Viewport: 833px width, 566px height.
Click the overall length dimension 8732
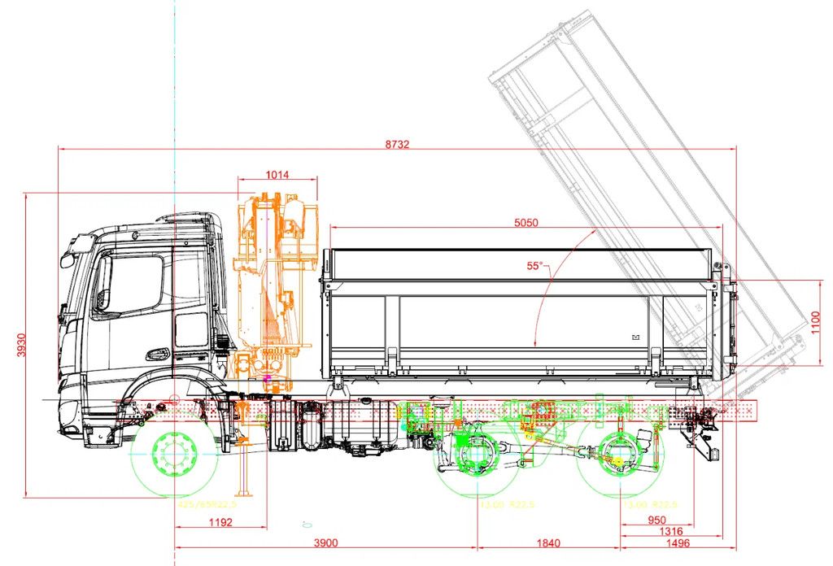397,144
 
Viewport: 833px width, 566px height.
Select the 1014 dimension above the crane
277,174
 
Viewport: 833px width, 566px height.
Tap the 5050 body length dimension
526,221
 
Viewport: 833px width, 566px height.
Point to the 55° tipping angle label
534,266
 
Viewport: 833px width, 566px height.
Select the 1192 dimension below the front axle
220,522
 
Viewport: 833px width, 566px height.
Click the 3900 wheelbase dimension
325,543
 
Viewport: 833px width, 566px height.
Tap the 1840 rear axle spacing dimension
549,543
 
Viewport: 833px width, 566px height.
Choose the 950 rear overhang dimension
656,520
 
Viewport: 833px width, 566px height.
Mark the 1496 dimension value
678,543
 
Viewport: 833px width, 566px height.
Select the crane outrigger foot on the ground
241,494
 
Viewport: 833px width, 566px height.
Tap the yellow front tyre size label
202,505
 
